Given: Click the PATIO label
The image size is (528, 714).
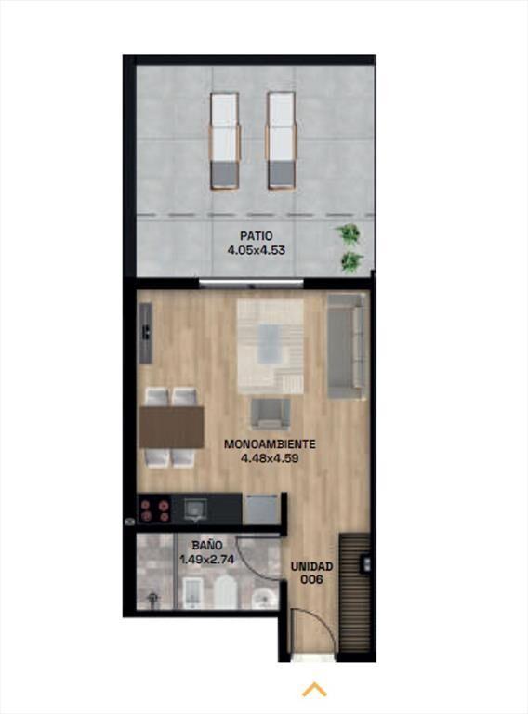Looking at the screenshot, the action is pos(257,236).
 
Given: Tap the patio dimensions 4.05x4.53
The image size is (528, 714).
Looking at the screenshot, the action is pos(257,250).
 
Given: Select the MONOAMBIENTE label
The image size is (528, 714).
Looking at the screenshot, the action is pos(270,444).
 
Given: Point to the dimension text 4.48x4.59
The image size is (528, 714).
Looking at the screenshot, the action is pos(270,458).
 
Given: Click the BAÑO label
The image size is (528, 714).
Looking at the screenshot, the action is pos(207,545).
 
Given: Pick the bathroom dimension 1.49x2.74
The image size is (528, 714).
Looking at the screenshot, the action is pos(207,559).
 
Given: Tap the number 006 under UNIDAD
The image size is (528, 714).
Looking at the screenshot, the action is pos(312,579).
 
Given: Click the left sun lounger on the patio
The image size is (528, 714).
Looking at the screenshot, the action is pos(225,140).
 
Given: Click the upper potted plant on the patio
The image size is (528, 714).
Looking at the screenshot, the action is pos(349,234).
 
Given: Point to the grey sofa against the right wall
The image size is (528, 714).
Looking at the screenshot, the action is pos(347,346).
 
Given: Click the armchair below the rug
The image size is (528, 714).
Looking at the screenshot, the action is pos(271,414).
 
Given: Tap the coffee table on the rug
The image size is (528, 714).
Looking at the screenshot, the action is pos(271,344).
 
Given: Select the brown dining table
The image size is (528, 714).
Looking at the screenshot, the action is pos(172,427).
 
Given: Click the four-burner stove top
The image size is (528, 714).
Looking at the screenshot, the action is pos(154,510).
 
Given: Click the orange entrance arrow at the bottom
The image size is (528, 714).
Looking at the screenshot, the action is pos(314,690).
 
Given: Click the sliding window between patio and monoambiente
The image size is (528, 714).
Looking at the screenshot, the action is pos(251,284).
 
